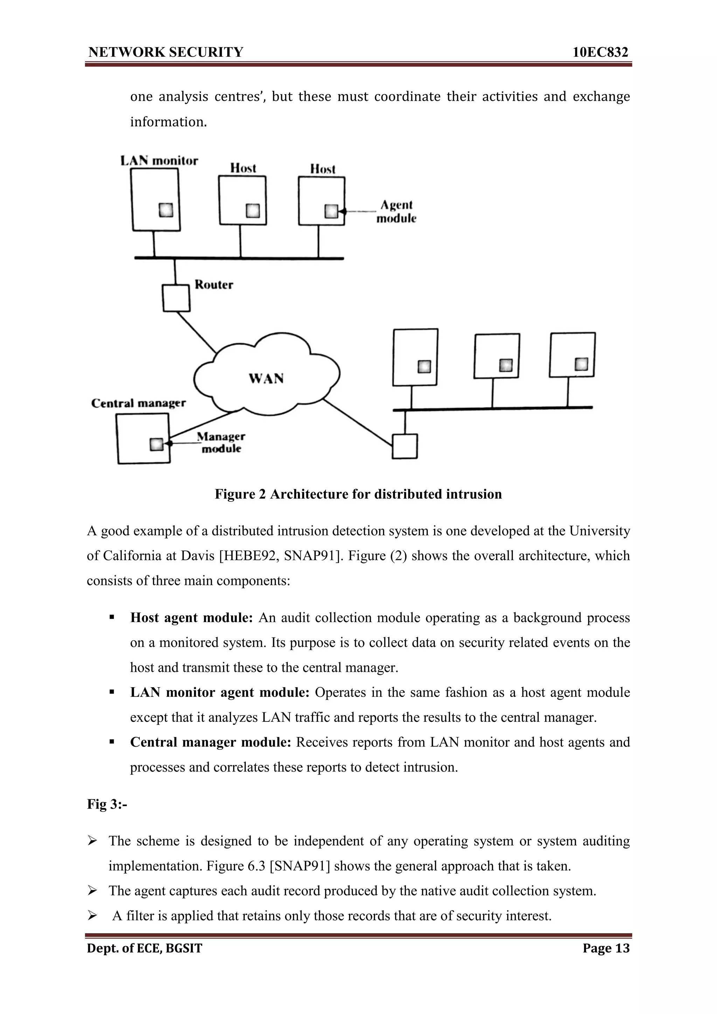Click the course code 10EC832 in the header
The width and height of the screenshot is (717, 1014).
coord(600,52)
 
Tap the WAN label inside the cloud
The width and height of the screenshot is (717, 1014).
coord(266,379)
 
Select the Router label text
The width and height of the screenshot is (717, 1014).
coord(214,285)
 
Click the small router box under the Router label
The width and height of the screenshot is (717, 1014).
coord(176,298)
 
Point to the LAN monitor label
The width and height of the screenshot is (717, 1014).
coord(159,161)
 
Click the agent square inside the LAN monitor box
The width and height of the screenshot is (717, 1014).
coord(166,210)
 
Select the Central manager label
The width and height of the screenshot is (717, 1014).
coord(138,403)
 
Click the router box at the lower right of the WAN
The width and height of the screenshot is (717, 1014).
coord(405,446)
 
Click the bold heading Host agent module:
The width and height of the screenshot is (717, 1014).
coord(191,618)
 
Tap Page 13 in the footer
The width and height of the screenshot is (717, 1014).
coord(606,948)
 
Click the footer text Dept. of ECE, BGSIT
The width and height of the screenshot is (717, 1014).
coord(145,948)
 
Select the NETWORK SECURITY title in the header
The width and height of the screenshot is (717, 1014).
coord(166,52)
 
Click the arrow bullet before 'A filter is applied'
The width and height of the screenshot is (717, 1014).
coord(92,916)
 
